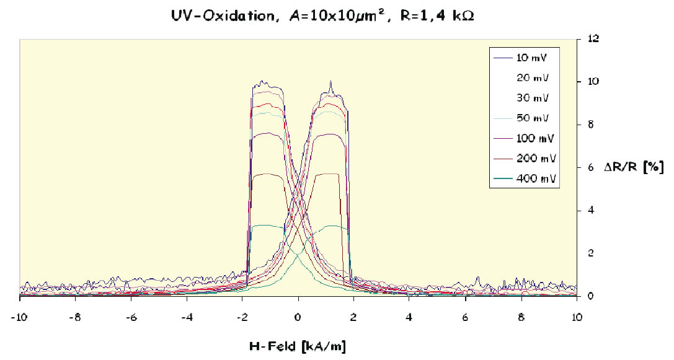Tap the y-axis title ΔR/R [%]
point(634,167)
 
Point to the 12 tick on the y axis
point(594,38)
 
